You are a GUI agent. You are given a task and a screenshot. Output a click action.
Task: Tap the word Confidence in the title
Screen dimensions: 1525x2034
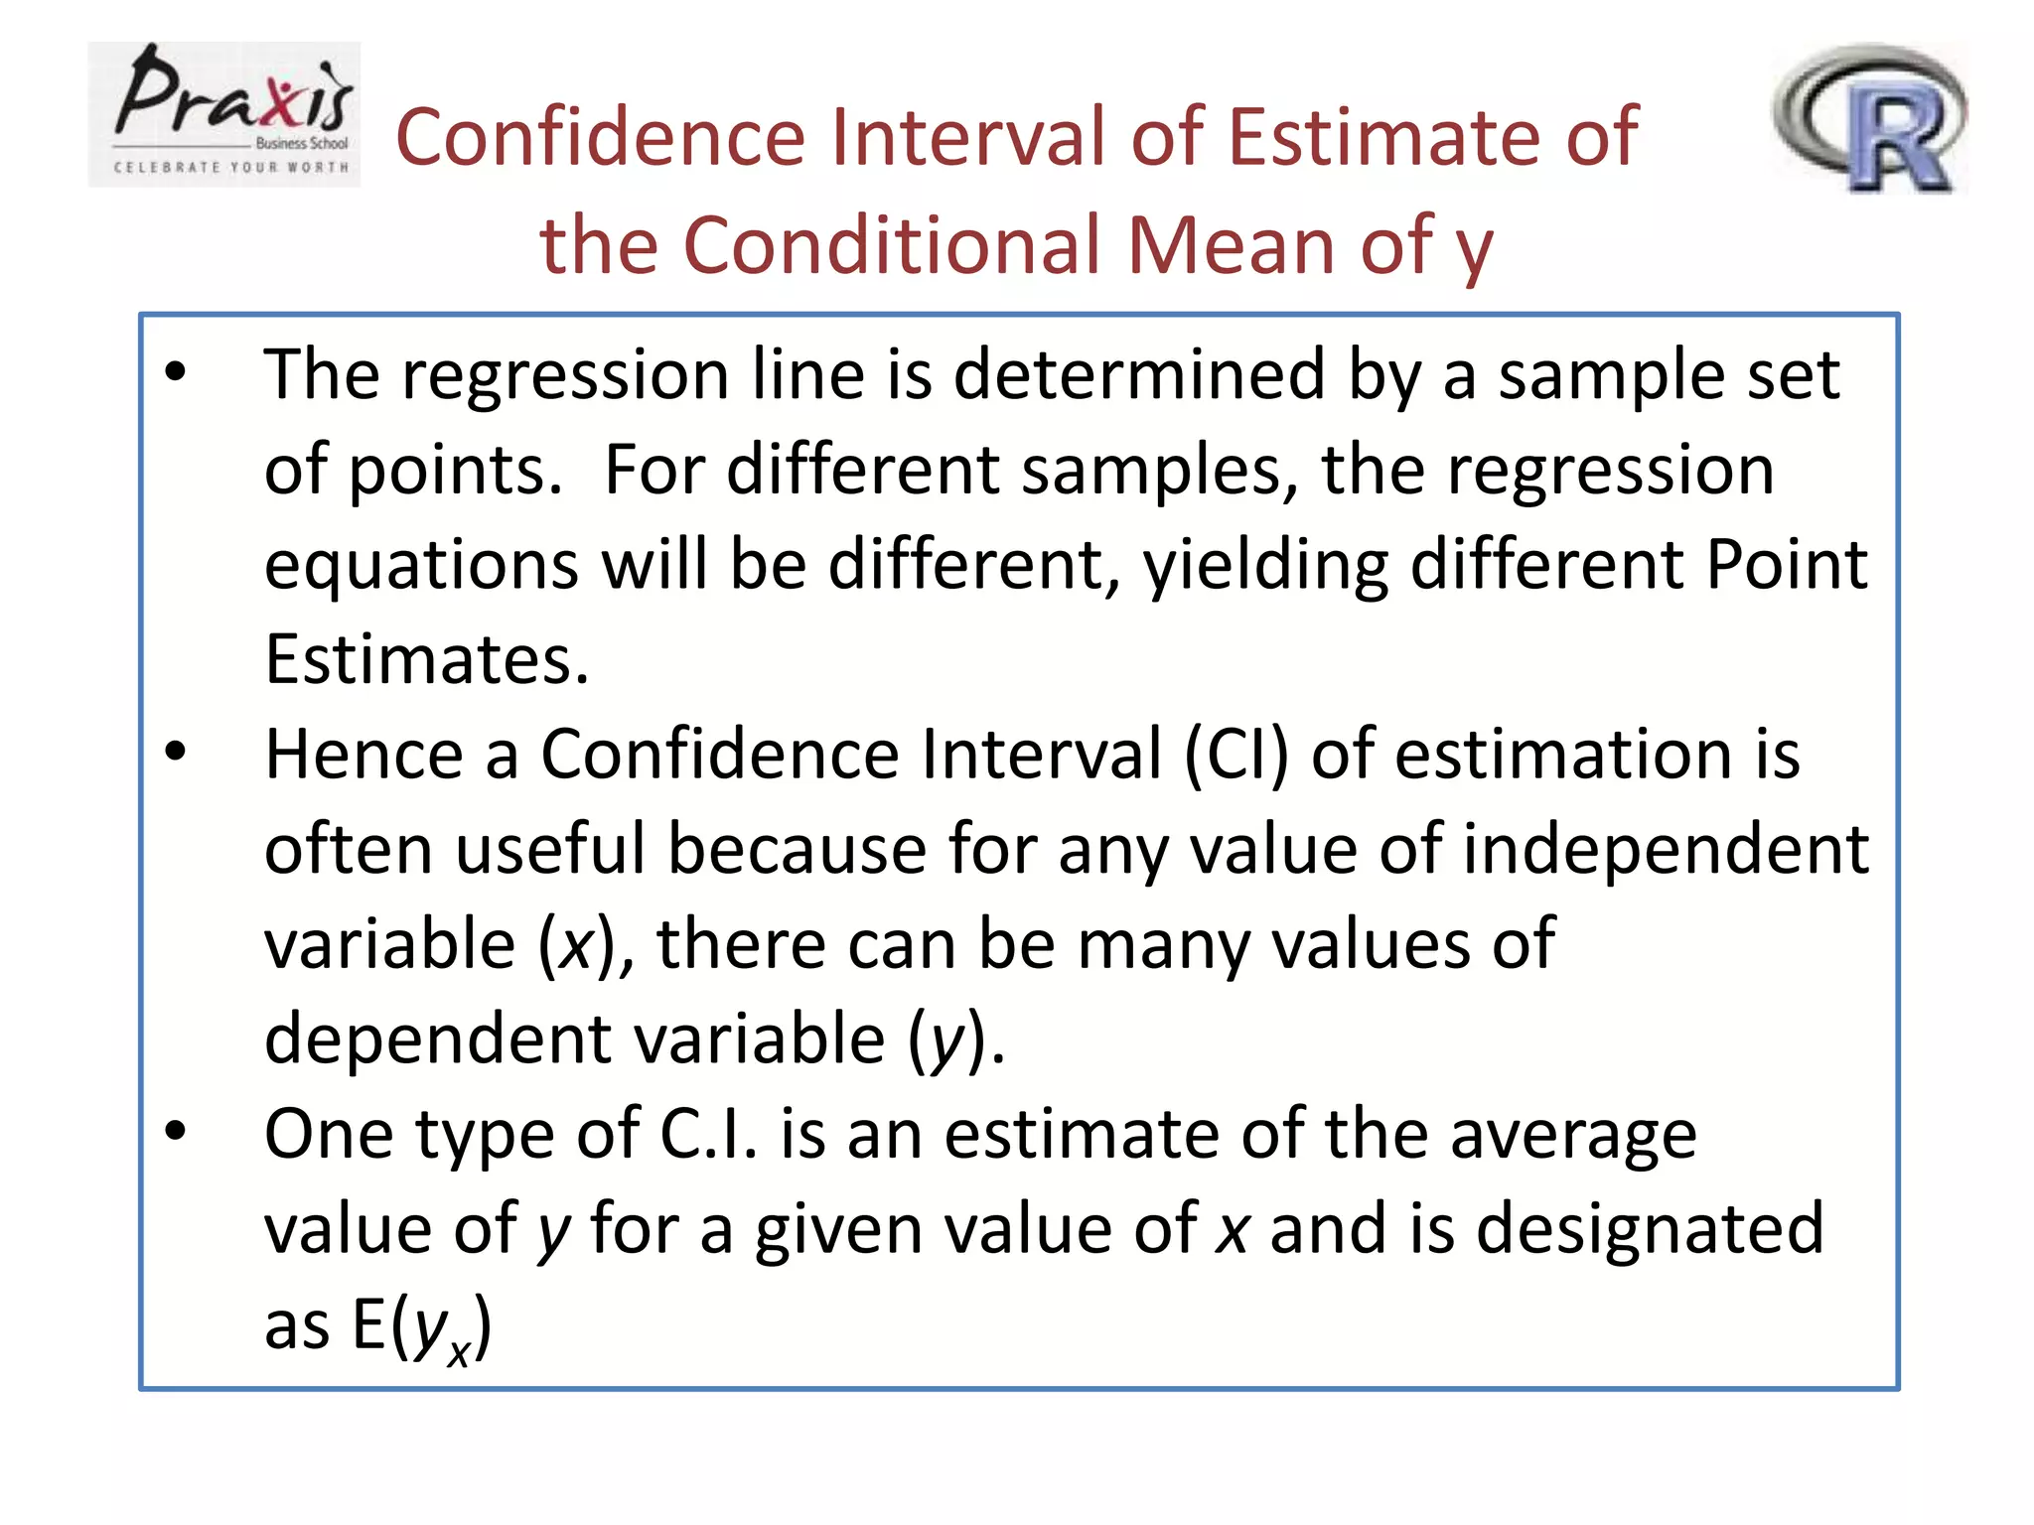(600, 137)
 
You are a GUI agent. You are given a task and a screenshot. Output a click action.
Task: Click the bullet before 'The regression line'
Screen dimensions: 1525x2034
(176, 372)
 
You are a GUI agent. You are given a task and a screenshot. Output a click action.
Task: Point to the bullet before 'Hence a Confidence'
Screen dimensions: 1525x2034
(176, 752)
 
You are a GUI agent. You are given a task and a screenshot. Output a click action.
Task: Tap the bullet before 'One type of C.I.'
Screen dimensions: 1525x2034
(176, 1131)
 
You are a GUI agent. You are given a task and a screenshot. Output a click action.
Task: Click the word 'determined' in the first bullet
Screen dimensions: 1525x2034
(1138, 375)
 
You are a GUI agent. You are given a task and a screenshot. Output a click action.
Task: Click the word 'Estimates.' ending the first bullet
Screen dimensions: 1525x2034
(426, 659)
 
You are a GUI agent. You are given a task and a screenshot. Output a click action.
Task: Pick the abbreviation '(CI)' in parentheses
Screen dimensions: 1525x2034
(1235, 755)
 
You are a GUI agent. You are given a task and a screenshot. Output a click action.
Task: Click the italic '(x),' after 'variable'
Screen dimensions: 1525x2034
(585, 944)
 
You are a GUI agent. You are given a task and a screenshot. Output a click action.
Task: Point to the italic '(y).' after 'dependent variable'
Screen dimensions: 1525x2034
(955, 1040)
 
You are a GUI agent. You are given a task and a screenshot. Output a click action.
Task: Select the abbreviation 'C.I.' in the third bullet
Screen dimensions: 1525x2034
(708, 1134)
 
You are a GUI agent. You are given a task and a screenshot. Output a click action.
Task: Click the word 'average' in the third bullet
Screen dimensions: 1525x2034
(1573, 1134)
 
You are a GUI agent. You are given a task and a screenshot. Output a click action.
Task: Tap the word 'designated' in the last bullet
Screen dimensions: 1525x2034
(1650, 1229)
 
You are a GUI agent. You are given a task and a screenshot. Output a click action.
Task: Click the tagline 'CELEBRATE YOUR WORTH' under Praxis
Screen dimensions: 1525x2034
(231, 167)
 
